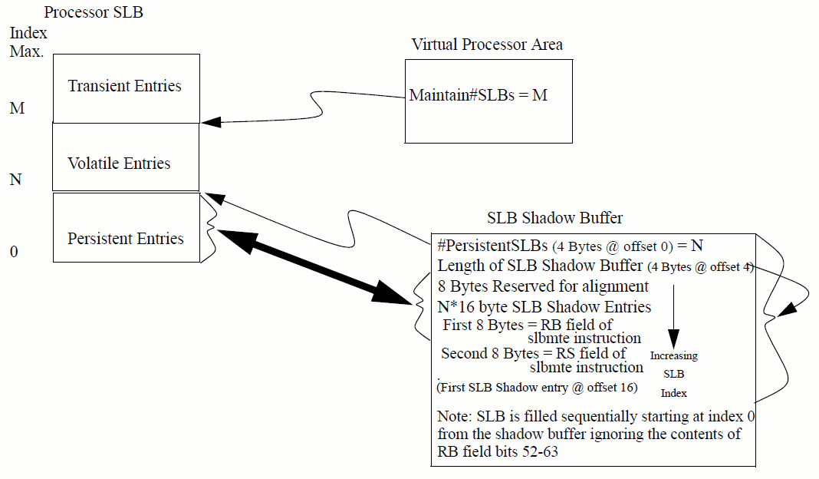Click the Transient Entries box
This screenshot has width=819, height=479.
(125, 87)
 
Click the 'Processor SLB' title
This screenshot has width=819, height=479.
(94, 12)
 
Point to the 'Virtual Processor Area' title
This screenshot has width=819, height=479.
(487, 44)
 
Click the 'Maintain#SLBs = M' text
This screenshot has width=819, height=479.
(479, 96)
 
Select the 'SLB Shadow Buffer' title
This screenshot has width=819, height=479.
(555, 218)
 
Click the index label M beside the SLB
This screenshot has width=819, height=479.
(17, 108)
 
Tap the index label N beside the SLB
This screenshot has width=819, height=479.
(15, 180)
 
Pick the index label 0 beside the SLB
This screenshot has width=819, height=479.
(14, 252)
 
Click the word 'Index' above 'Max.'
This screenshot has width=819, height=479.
(28, 33)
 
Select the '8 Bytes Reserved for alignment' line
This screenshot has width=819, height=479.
(543, 286)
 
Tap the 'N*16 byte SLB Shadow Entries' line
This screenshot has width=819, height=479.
(544, 307)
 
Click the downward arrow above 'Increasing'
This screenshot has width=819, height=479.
(673, 315)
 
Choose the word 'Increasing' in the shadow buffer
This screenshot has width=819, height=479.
(674, 356)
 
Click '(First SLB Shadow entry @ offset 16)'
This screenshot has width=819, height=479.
(537, 388)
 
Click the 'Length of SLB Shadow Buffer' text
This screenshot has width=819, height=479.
(540, 266)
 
